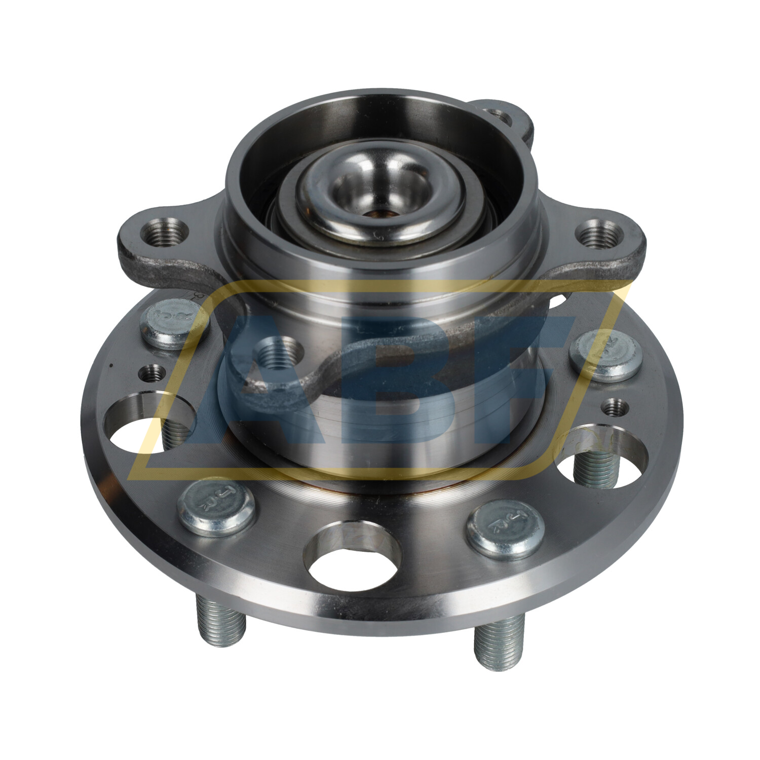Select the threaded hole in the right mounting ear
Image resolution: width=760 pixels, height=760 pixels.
point(600,234)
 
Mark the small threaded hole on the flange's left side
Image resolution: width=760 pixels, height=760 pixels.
point(151,374)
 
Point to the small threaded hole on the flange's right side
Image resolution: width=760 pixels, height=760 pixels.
point(615,407)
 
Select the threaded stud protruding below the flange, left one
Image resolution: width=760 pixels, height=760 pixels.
point(221,626)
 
